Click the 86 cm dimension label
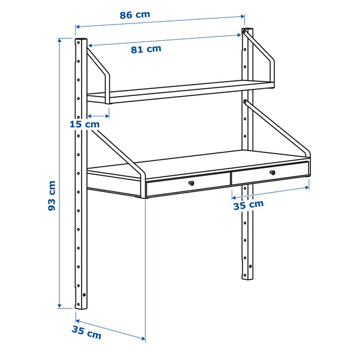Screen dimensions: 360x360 135,15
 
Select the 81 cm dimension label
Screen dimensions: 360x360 146,49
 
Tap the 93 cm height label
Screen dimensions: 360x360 52,196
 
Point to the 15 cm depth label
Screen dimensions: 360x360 85,124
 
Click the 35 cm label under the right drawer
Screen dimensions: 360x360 248,205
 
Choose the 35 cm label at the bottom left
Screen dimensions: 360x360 86,332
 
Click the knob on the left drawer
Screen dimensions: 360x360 191,183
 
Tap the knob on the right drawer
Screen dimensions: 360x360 272,172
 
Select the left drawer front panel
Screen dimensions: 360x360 188,184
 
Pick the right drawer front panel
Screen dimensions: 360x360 270,173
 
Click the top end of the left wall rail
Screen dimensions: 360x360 81,39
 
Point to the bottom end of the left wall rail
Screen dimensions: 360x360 81,308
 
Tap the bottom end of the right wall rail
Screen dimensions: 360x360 247,278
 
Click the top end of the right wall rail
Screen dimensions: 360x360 247,29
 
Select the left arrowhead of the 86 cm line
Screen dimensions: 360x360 77,27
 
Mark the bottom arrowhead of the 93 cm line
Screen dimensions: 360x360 59,305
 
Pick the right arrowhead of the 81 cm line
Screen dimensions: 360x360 239,35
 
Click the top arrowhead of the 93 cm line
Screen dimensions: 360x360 59,41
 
